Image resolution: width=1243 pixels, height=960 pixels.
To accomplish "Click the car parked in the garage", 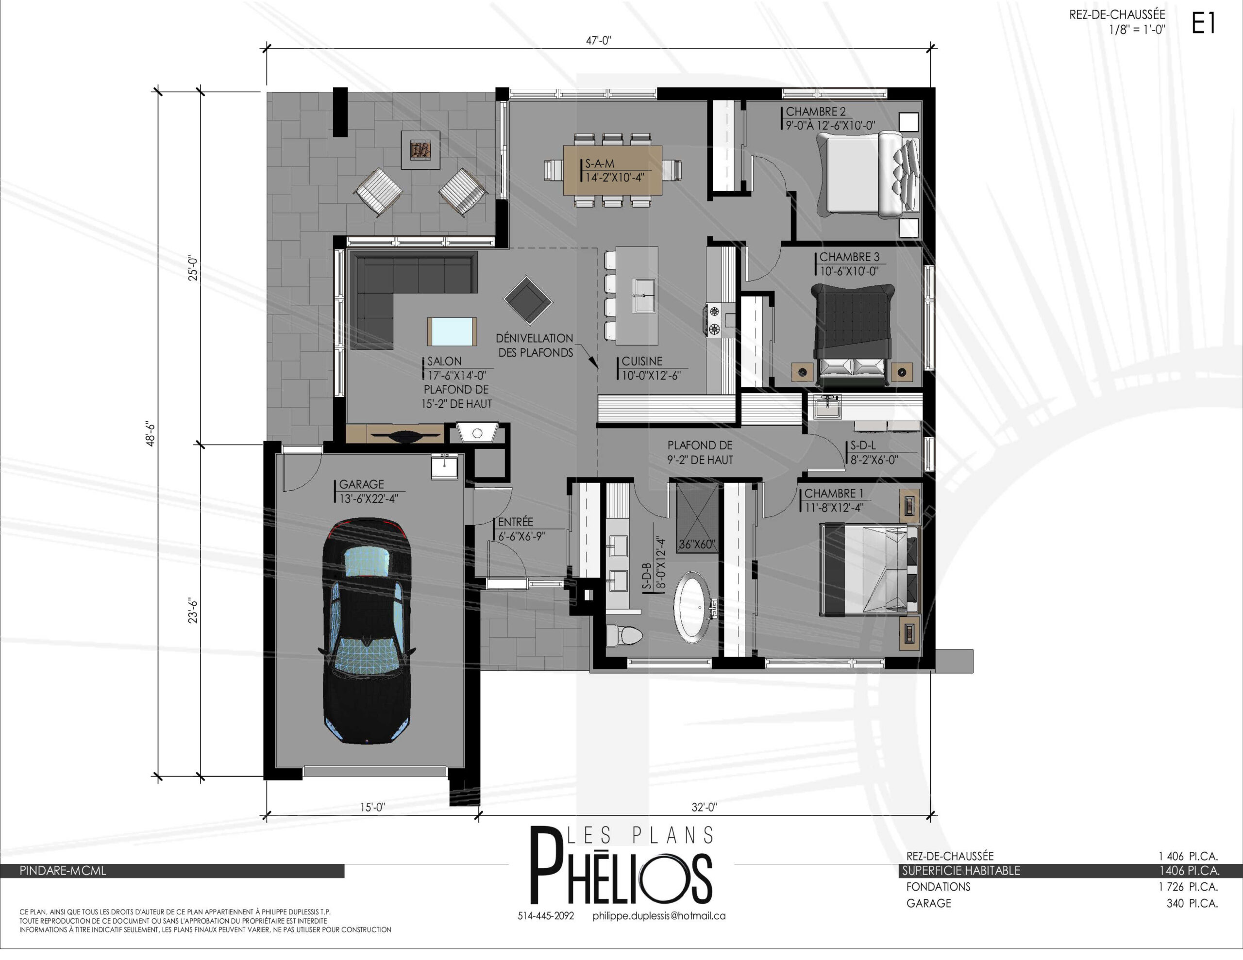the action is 367,630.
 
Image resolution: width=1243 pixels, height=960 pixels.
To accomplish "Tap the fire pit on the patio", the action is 420,150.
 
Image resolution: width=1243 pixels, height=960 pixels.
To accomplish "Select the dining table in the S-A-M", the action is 612,170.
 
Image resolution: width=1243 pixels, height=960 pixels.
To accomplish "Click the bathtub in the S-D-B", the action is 692,608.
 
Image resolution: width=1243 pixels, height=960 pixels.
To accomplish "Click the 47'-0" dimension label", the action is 599,40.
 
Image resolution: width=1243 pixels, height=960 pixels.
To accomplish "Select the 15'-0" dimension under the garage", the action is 372,807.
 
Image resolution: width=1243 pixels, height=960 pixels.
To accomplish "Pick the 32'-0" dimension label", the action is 704,807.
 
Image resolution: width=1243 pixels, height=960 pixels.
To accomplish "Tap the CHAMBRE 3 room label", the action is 849,257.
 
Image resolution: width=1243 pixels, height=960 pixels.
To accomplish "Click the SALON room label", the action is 444,362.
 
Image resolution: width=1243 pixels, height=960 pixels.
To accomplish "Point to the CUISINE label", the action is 642,362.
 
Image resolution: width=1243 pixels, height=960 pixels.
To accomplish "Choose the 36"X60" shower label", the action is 696,544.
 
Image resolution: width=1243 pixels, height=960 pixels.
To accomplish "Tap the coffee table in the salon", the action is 452,332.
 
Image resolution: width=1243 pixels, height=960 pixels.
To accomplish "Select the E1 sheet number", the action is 1203,23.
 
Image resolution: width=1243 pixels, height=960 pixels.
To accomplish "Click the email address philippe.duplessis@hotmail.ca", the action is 659,916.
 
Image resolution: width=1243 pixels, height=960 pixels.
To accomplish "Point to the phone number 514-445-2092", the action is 545,916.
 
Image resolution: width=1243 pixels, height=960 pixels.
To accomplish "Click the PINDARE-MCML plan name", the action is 63,871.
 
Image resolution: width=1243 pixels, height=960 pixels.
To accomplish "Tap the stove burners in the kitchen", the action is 714,320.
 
